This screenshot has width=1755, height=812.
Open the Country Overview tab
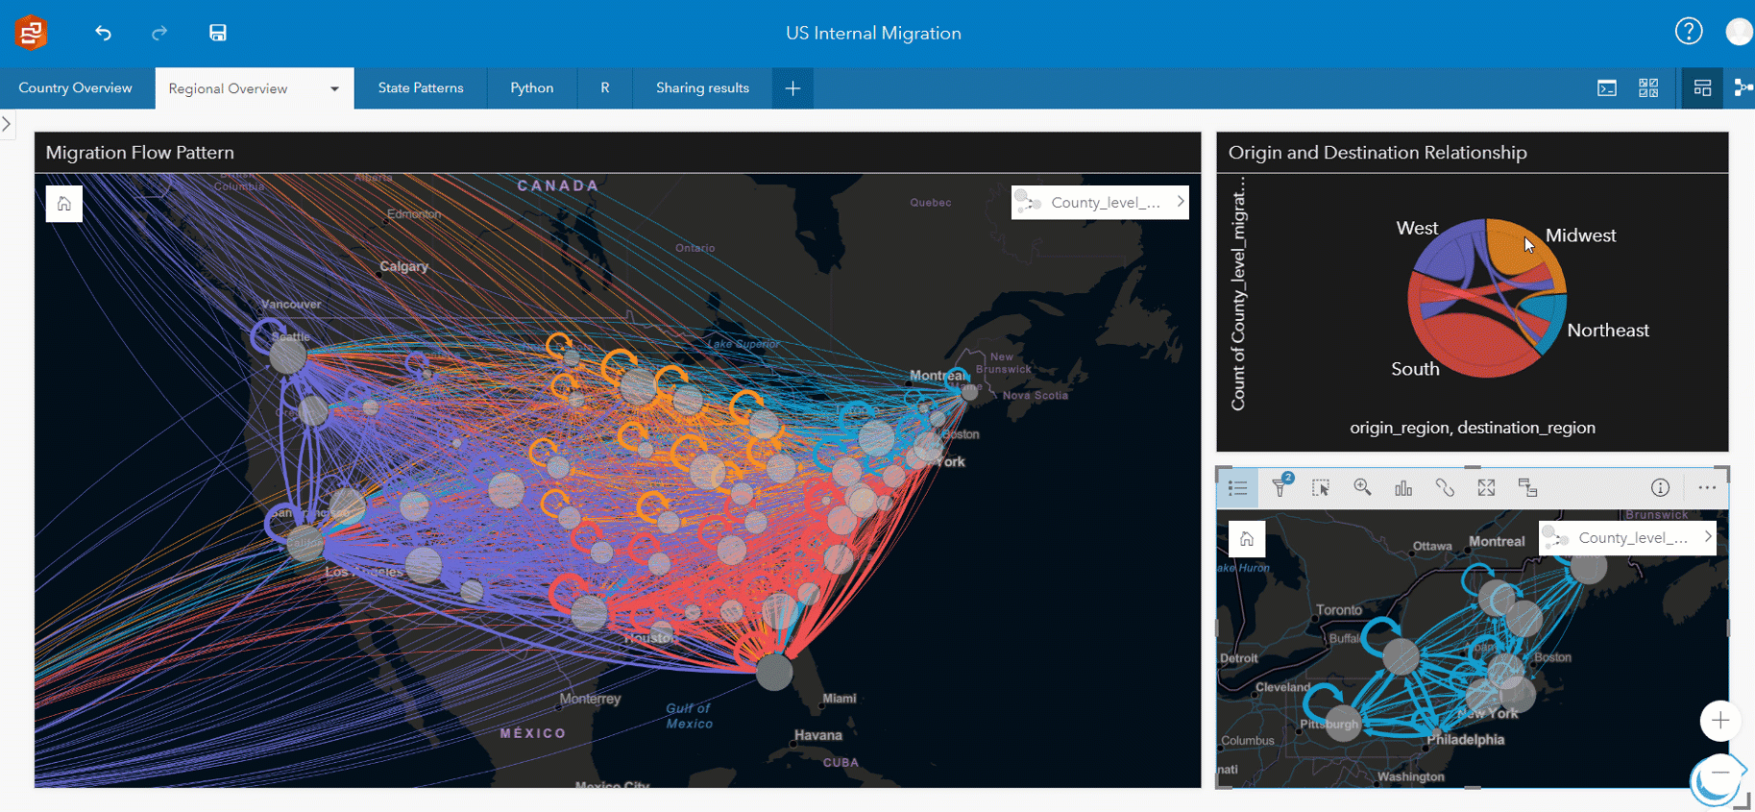click(x=75, y=87)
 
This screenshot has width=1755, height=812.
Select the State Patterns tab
click(x=420, y=87)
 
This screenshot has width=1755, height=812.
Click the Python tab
click(x=531, y=87)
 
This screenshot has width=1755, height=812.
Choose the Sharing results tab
click(x=702, y=87)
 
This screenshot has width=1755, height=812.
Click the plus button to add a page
click(x=792, y=88)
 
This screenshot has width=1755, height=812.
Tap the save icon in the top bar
click(x=218, y=33)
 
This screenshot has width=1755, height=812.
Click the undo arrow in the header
click(x=103, y=33)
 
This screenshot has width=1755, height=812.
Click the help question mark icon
click(x=1688, y=32)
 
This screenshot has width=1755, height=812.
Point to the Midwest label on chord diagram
click(x=1580, y=235)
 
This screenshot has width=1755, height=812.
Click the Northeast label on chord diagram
click(x=1607, y=331)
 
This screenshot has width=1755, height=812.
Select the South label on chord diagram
click(x=1415, y=369)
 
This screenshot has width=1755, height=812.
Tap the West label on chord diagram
click(x=1417, y=228)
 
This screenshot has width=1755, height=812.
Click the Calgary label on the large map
click(x=403, y=266)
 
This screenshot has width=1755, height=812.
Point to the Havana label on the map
click(x=817, y=735)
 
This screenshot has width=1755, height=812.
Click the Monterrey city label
click(x=590, y=699)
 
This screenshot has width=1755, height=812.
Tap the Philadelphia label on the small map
click(x=1466, y=740)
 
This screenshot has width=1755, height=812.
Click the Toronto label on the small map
click(x=1339, y=610)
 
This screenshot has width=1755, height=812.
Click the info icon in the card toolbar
click(x=1660, y=487)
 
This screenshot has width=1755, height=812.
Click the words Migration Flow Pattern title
click(x=140, y=153)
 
